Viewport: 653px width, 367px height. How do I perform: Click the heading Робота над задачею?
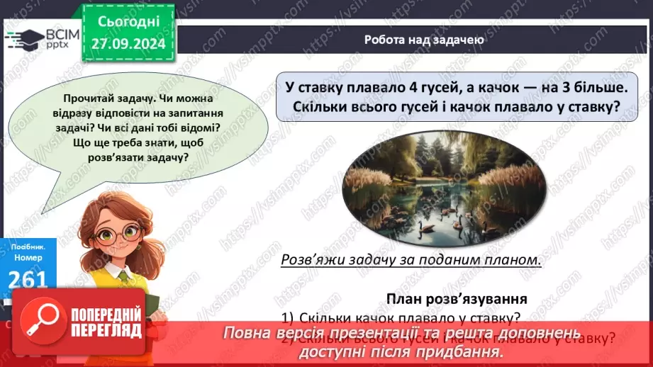[x=424, y=40]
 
